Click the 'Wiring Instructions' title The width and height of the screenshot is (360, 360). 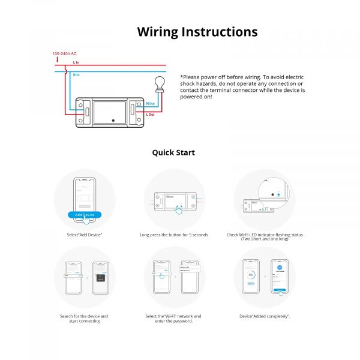pos(197,32)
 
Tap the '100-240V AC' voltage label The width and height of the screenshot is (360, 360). pos(64,54)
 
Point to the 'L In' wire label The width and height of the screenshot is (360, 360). pos(76,62)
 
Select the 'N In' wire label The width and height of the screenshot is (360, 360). pos(76,74)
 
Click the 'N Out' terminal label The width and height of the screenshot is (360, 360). pos(150,103)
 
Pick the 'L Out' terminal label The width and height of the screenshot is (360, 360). pos(150,114)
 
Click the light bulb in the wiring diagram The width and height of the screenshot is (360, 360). pos(160,83)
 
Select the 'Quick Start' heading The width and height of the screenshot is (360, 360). pos(173,152)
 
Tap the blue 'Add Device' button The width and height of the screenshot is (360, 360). pos(84,215)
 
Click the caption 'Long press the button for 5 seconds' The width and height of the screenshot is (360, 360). pos(173,235)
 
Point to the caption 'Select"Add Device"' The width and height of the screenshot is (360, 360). pos(85,235)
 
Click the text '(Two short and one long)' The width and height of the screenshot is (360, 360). pos(264,239)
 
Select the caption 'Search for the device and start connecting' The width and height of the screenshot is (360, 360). pos(84,319)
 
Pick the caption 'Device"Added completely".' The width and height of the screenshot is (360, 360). pos(264,316)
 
